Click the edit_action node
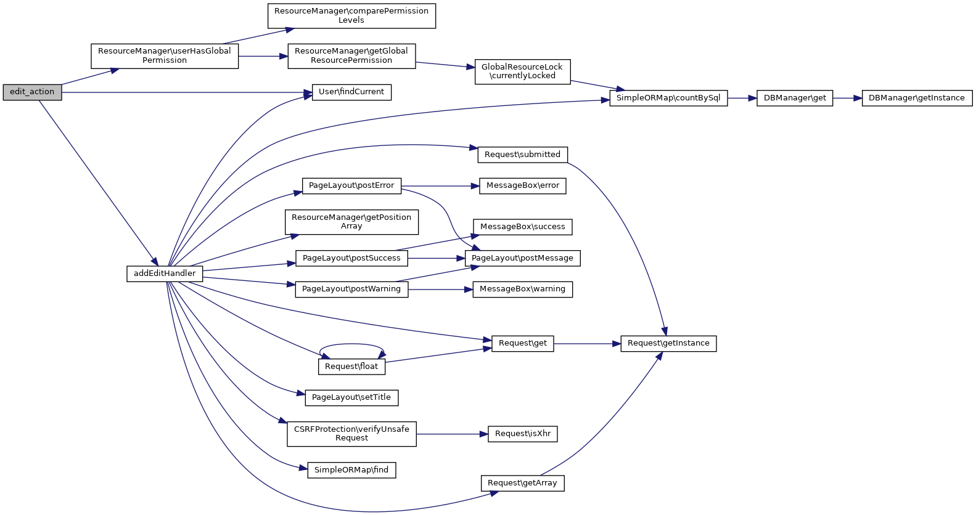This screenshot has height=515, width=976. pos(32,92)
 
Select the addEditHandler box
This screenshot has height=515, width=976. pos(165,274)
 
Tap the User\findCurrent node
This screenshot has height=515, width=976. pos(351,92)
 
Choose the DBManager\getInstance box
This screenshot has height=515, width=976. pos(917,98)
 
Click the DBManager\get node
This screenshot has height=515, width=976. pos(795,98)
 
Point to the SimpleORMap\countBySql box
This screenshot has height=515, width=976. pos(668,98)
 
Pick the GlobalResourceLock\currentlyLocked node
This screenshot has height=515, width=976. pos(522,71)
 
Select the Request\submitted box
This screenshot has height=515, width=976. pos(522,155)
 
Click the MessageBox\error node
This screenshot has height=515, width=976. pos(522,185)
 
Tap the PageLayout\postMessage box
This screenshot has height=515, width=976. pos(522,258)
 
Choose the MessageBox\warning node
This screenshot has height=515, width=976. pos(522,289)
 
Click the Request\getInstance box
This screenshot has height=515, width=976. pos(668,343)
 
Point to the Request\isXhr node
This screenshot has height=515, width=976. pos(522,434)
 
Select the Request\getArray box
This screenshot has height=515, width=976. pos(522,483)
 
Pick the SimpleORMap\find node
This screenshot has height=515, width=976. pos(351,470)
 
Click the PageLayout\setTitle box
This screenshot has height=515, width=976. pos(351,397)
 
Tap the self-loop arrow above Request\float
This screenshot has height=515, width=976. pos(351,344)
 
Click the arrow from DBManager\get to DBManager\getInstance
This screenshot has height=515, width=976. pos(847,98)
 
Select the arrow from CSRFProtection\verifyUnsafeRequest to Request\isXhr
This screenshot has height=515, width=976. pos(452,434)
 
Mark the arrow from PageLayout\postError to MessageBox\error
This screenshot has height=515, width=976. pos(440,186)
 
